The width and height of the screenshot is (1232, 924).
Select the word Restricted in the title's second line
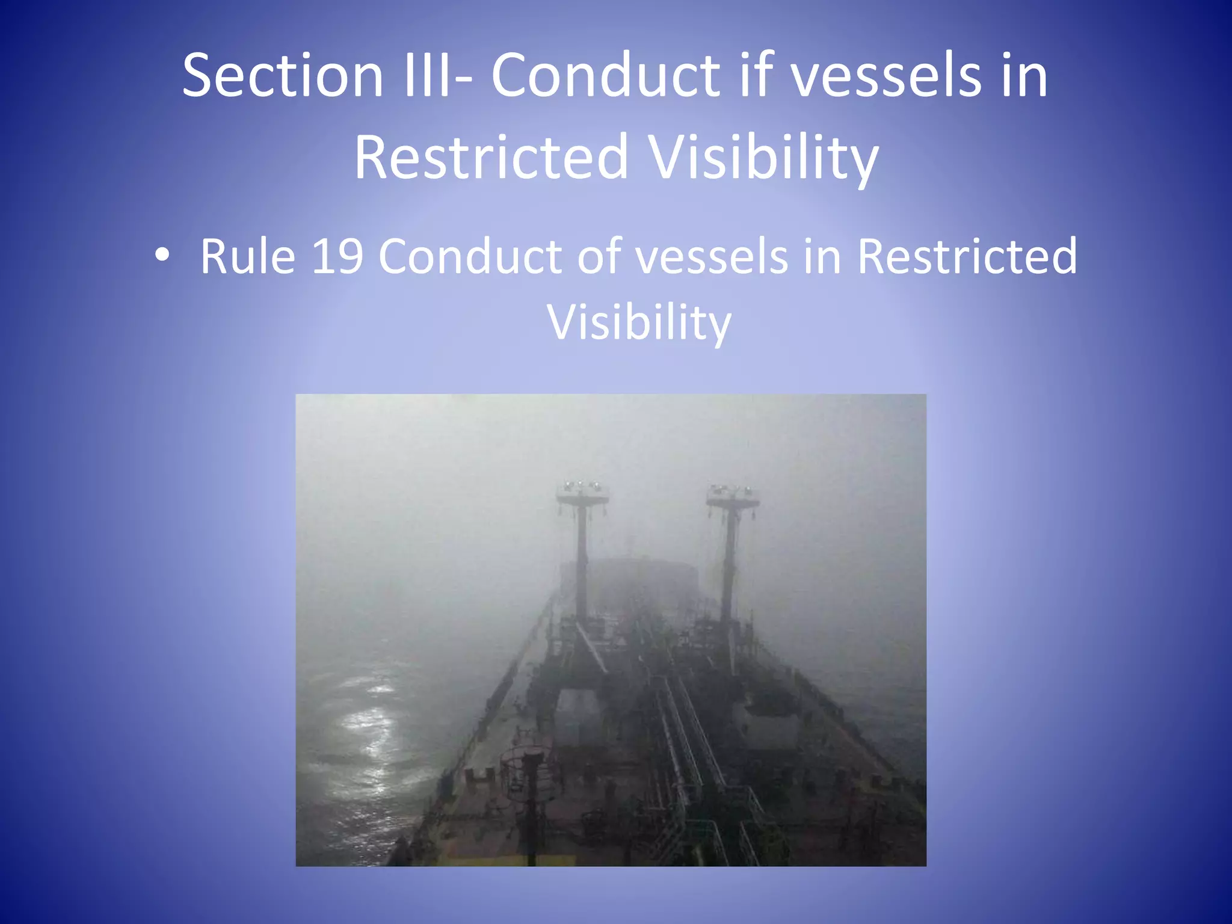[491, 158]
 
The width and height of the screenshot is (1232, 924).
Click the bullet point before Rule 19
[162, 256]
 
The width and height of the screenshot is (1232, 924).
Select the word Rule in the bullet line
[247, 256]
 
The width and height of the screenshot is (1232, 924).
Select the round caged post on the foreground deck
[528, 776]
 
